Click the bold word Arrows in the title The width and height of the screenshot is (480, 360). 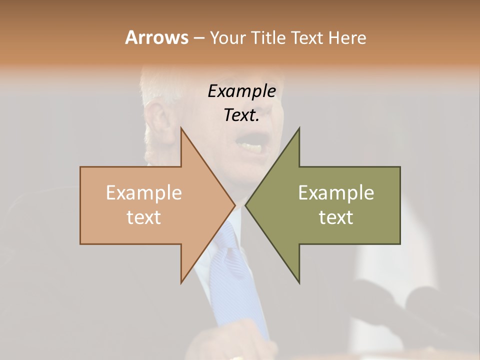click(x=156, y=37)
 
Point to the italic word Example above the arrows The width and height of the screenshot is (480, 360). click(x=241, y=91)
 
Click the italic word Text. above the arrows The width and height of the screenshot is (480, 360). click(x=241, y=115)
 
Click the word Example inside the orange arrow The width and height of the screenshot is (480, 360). click(x=144, y=193)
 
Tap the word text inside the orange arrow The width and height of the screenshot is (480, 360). click(x=144, y=217)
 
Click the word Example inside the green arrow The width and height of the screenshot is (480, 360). click(x=336, y=193)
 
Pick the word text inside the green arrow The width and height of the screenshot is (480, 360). click(x=336, y=217)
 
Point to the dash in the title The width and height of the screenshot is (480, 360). click(x=198, y=38)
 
